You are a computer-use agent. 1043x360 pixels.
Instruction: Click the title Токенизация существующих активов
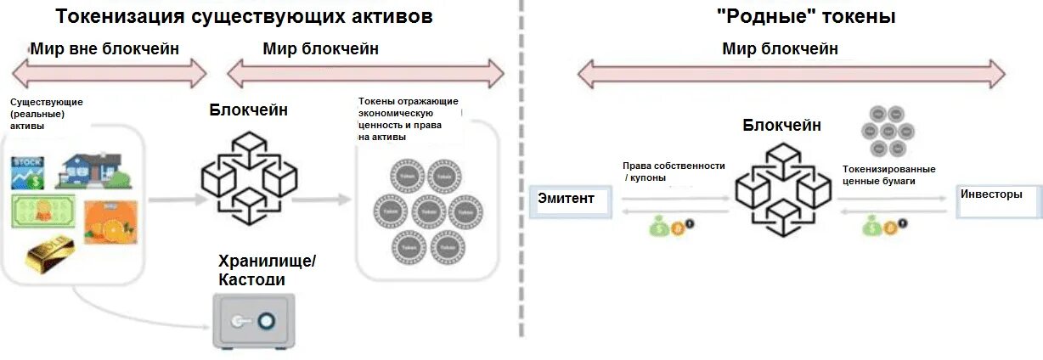pos(245,16)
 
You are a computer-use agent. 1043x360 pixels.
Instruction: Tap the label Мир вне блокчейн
pos(104,48)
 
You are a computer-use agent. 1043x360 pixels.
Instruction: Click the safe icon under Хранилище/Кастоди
pos(253,320)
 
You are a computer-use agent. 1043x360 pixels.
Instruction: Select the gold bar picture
pos(49,254)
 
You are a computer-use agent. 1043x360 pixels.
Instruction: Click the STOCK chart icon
pos(27,172)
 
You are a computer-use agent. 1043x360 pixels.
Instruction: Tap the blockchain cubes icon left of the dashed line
pos(249,177)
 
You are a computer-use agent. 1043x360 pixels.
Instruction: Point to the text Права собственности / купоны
pos(673,171)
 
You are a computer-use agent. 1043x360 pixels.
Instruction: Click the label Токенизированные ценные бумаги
pos(888,174)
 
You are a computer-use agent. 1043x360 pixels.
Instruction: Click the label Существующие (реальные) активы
pos(46,114)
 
